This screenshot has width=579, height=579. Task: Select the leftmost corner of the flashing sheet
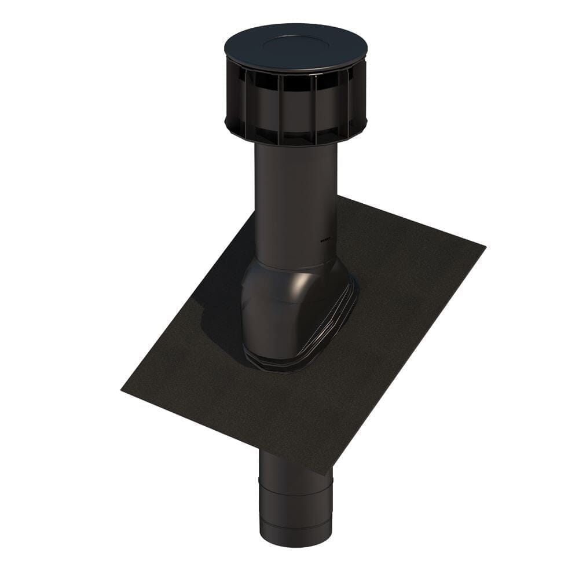122,390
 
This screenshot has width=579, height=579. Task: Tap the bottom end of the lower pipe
295,549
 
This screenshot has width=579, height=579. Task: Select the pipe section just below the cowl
295,174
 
